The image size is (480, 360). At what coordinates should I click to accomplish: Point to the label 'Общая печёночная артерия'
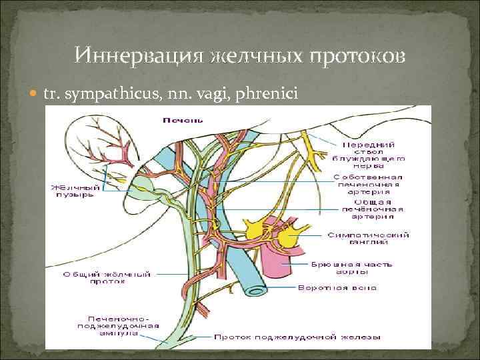366,209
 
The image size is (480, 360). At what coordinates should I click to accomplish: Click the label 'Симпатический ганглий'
368,239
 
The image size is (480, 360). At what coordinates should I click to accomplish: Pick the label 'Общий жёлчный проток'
120,279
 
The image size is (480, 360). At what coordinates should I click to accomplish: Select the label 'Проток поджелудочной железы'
297,338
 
